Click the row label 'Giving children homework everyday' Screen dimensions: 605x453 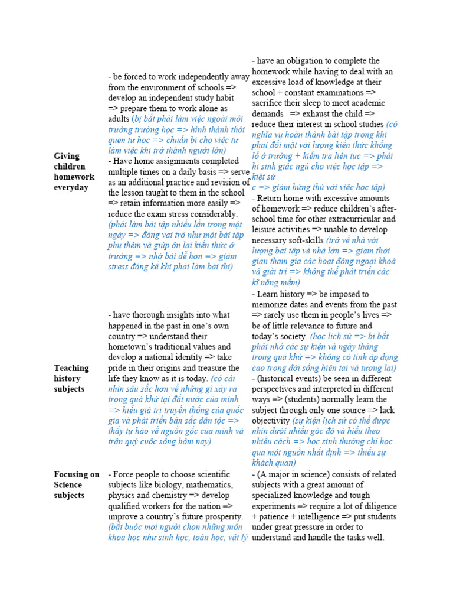pyautogui.click(x=74, y=172)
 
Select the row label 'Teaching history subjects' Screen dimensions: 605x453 pyautogui.click(x=71, y=378)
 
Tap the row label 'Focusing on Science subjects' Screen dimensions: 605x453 pyautogui.click(x=77, y=485)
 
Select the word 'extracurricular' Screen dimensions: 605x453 pyautogui.click(x=366, y=219)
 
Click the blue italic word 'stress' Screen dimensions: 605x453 pyautogui.click(x=120, y=267)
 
